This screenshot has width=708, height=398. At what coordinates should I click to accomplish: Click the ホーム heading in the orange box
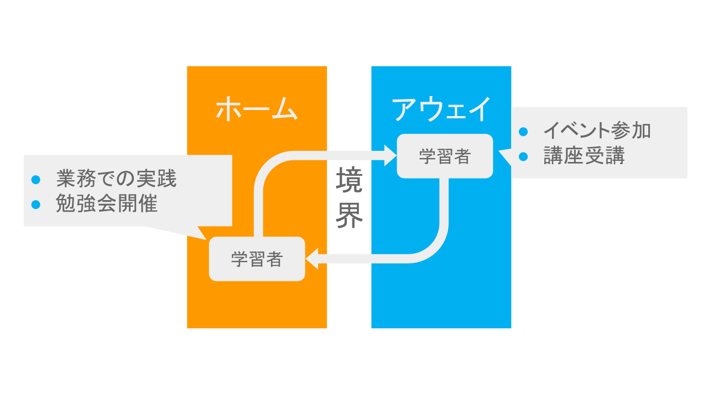pyautogui.click(x=257, y=109)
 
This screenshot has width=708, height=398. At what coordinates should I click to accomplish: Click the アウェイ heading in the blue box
pyautogui.click(x=441, y=109)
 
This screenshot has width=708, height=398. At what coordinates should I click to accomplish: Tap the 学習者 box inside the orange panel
pyautogui.click(x=257, y=259)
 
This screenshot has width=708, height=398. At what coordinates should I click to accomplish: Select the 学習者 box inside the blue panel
pyautogui.click(x=445, y=156)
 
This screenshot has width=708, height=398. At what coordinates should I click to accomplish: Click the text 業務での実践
pyautogui.click(x=116, y=179)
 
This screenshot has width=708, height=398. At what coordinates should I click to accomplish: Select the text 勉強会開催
pyautogui.click(x=107, y=205)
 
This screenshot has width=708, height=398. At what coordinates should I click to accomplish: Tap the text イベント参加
pyautogui.click(x=597, y=131)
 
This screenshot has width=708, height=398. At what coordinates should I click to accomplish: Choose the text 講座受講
pyautogui.click(x=584, y=156)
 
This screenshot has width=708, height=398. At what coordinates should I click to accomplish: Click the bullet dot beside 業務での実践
pyautogui.click(x=36, y=180)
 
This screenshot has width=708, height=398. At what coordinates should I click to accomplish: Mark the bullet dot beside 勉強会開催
pyautogui.click(x=36, y=205)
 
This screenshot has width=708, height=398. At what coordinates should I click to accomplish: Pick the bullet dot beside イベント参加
pyautogui.click(x=523, y=132)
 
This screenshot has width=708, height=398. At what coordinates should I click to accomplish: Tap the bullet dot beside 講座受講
pyautogui.click(x=523, y=156)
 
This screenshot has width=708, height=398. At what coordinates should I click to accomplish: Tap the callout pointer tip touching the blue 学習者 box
pyautogui.click(x=500, y=151)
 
